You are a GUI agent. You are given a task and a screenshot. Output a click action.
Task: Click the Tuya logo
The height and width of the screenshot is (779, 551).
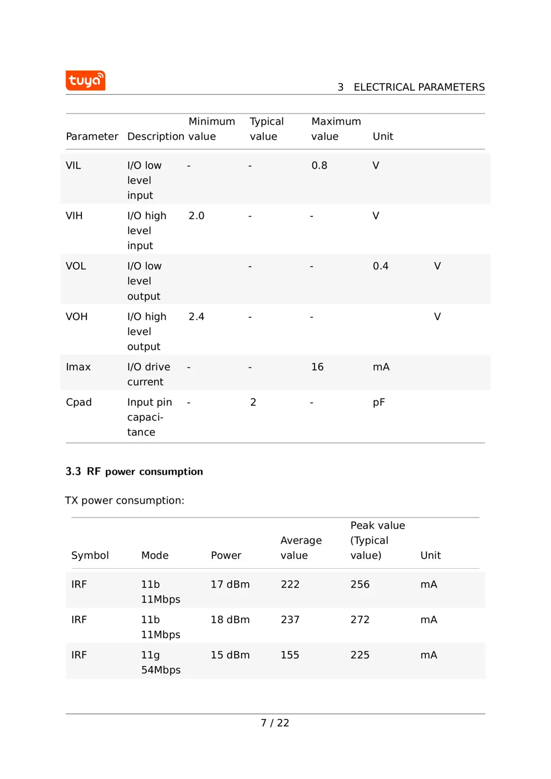(85, 81)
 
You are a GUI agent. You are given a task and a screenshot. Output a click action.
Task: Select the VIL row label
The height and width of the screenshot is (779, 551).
(73, 166)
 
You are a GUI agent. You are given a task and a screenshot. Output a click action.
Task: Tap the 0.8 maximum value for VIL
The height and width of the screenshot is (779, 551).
(319, 166)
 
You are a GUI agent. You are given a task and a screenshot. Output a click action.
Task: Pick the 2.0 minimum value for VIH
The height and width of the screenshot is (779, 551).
(196, 216)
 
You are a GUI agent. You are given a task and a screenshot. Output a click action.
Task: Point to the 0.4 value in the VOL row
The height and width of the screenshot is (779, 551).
(380, 267)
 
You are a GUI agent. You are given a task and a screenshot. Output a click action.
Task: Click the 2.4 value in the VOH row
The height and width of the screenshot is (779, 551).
(196, 317)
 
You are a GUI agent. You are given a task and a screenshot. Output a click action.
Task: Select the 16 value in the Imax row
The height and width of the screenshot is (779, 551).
(317, 367)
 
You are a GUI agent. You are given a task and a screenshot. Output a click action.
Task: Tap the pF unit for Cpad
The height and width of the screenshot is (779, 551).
(378, 402)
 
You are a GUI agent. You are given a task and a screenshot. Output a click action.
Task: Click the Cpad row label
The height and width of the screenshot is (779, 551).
(78, 402)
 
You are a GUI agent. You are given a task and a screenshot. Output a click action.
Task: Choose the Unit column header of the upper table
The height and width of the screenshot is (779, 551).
(382, 137)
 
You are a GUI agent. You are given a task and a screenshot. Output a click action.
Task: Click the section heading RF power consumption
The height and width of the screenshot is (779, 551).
(134, 472)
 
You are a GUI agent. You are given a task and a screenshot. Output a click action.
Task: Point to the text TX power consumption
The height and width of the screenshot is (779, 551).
(124, 501)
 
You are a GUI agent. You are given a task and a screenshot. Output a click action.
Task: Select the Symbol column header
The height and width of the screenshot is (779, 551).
(90, 555)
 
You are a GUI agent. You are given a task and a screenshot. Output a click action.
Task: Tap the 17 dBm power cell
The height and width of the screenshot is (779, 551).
(230, 585)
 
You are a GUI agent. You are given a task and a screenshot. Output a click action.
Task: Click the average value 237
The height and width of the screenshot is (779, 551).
(289, 620)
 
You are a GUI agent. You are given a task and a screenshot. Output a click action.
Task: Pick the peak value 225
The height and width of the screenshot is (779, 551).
(360, 655)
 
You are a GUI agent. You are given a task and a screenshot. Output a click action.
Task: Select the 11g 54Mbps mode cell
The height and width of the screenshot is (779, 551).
(160, 663)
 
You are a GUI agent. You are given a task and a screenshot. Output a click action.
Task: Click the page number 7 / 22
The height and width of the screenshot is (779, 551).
(275, 723)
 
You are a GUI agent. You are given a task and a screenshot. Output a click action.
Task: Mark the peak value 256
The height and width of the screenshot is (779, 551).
(360, 585)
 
